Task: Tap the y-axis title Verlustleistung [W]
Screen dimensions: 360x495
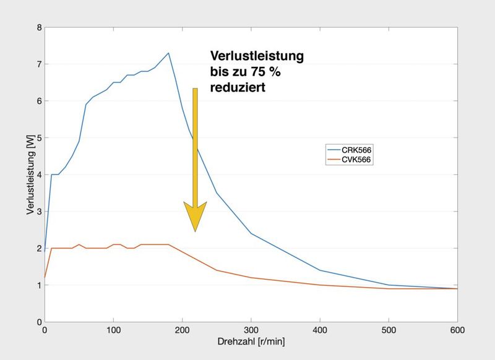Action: click(x=30, y=175)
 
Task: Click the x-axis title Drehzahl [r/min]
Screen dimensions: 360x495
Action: click(x=251, y=341)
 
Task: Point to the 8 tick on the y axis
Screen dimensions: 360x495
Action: click(x=39, y=28)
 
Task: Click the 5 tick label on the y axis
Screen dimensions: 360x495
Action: click(x=39, y=138)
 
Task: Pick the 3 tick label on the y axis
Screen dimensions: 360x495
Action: click(x=39, y=212)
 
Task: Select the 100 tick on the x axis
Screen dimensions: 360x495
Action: click(x=113, y=330)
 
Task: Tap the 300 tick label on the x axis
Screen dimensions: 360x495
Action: click(x=251, y=330)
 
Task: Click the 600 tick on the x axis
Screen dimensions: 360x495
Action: click(x=457, y=330)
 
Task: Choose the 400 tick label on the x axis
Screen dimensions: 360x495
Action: click(x=319, y=330)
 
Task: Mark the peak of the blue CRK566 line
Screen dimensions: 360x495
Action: click(x=168, y=53)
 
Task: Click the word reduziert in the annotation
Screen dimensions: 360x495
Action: click(x=238, y=88)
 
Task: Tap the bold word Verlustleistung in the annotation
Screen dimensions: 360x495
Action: click(x=257, y=56)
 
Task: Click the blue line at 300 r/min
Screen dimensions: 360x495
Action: click(x=251, y=233)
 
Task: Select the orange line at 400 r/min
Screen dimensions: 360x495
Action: click(x=319, y=285)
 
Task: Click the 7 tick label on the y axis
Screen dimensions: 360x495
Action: click(x=39, y=64)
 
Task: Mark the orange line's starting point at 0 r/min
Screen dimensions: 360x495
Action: click(x=45, y=278)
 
